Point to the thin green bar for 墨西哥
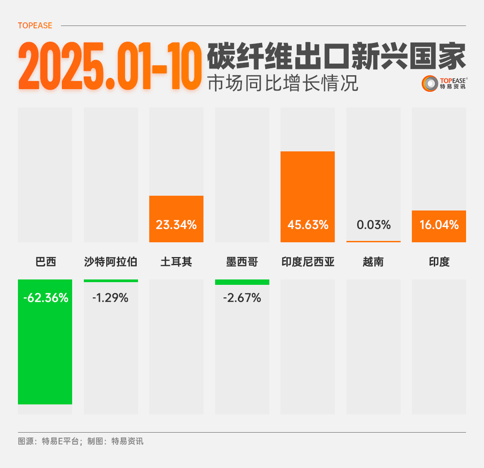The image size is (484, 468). point(242,282)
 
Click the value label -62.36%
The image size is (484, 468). point(46,298)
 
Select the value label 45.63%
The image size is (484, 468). point(308,225)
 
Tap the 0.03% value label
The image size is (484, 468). point(373,225)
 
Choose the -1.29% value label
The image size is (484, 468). point(110,298)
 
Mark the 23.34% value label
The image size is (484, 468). point(176,225)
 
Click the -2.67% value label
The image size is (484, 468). point(242,298)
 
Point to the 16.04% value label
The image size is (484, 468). point(439,225)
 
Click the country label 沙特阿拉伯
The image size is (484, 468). point(110,262)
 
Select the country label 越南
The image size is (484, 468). point(373,262)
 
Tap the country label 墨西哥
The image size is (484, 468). point(242,262)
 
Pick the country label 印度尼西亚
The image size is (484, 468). point(308,262)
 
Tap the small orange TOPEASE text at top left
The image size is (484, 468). point(35,26)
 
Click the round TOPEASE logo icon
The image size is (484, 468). point(429,83)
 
